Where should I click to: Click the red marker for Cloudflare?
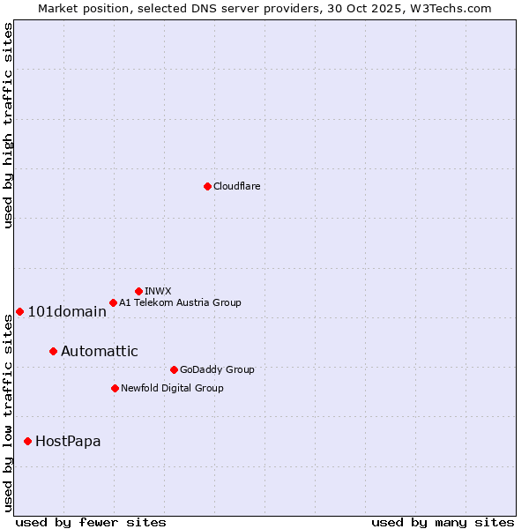[x=207, y=186]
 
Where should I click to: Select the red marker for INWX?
[x=138, y=291]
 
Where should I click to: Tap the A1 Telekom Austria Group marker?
[x=113, y=302]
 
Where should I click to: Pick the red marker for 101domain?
[x=19, y=311]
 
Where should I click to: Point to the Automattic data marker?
[x=53, y=351]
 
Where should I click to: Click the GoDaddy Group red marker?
[x=174, y=369]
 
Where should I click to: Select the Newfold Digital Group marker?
[x=115, y=388]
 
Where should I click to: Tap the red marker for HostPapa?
[x=28, y=441]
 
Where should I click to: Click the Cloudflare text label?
[x=236, y=186]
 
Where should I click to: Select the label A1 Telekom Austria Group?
[x=180, y=302]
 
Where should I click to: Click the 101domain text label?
[x=67, y=311]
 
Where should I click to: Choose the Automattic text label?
[x=99, y=351]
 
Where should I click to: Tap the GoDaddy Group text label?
[x=216, y=369]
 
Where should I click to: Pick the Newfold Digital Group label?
[x=172, y=388]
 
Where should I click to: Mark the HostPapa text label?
[x=68, y=441]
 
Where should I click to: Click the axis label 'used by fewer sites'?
[x=91, y=522]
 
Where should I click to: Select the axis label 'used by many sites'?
[x=443, y=522]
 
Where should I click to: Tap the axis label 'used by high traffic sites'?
[x=8, y=125]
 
